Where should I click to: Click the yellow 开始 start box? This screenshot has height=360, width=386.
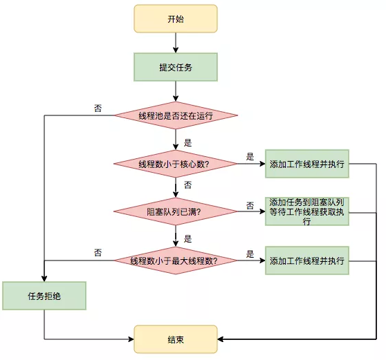click(176, 19)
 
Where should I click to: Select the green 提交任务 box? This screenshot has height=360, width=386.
click(176, 67)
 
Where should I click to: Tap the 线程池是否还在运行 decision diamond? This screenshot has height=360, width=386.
click(176, 115)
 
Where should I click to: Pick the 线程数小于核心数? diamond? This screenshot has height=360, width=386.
click(176, 164)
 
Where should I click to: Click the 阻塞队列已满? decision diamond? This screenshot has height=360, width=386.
click(176, 212)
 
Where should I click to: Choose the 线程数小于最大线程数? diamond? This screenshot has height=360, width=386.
click(176, 260)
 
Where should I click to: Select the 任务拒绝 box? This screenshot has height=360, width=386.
click(44, 296)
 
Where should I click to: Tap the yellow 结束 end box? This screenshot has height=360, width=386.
click(176, 339)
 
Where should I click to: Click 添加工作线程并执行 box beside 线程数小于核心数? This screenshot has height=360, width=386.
click(307, 164)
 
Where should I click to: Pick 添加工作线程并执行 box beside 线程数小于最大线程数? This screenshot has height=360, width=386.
click(307, 260)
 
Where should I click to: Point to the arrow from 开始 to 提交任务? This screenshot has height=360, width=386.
click(176, 43)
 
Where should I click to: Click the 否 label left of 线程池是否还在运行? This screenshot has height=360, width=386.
click(98, 108)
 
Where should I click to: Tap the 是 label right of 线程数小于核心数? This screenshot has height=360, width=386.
click(250, 156)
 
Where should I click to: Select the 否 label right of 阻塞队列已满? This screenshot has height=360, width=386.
click(250, 205)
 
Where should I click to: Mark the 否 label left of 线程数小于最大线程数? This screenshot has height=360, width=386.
click(98, 253)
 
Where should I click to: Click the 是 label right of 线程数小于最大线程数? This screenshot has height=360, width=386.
click(250, 254)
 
